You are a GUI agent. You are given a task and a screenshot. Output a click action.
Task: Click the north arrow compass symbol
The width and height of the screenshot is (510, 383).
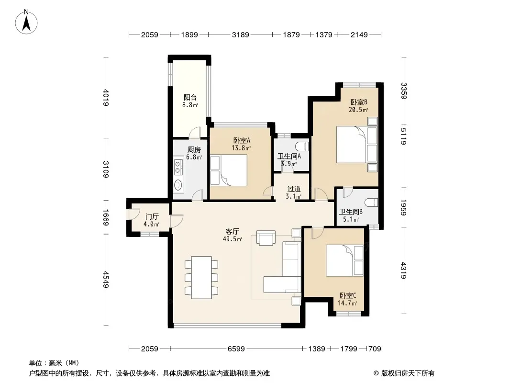pos(26,22)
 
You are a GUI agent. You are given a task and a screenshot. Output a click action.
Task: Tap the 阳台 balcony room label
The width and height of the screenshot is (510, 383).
pos(190,97)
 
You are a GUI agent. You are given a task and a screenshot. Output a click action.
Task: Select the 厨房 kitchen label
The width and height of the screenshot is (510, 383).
pos(194,150)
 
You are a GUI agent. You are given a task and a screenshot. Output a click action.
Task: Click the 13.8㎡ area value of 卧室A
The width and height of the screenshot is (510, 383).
pos(241,148)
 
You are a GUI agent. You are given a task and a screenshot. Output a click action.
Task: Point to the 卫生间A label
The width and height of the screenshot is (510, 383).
pos(289,156)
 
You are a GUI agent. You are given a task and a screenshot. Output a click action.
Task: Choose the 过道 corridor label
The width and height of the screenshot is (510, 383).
pos(294,189)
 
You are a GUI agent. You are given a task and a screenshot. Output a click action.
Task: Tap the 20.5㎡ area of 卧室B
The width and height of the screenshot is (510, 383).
pos(358,110)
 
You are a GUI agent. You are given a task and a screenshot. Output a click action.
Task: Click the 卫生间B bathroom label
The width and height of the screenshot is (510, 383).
pos(351,212)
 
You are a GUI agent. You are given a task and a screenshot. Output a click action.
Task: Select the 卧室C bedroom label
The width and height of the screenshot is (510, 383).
pos(348,295)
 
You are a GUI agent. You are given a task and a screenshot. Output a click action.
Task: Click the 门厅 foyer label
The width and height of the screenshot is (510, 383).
pos(152,217)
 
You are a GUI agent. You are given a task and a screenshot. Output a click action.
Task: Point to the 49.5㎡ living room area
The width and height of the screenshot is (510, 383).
pos(232,239)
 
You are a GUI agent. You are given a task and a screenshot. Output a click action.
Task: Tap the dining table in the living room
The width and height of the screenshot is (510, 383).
pos(201,277)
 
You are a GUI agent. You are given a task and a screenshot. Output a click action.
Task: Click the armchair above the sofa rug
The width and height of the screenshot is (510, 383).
pos(266,237)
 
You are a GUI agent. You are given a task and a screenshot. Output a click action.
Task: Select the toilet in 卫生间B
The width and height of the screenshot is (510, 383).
pos(371,203)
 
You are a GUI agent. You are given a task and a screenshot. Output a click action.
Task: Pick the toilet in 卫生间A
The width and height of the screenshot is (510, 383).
pos(302,145)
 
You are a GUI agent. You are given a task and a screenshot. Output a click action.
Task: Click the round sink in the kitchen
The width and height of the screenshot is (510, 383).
pos(178,185)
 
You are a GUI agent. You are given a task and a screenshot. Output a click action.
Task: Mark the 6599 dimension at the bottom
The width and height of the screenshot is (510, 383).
pos(236,349)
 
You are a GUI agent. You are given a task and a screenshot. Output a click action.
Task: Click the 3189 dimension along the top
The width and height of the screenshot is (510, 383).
pos(240,34)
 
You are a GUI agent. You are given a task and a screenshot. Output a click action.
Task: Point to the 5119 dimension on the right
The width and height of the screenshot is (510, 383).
pos(403,136)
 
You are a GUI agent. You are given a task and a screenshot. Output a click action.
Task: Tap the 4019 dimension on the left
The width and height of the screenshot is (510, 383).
pos(106,97)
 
